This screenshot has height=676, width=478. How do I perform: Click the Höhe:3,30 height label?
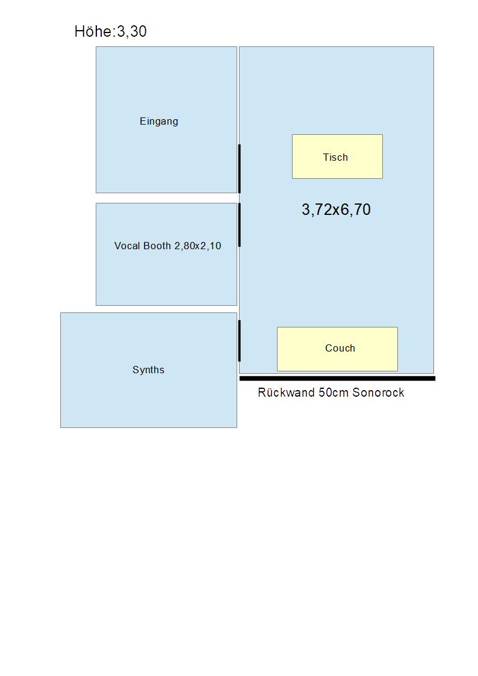110,31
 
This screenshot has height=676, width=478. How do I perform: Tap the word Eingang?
158,122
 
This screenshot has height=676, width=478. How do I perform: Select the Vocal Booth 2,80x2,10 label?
168,246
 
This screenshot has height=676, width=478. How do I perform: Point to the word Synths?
148,370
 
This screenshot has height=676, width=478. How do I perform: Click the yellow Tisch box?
337,157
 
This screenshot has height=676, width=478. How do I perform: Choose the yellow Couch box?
337,349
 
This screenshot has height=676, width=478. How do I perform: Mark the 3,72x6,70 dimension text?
336,209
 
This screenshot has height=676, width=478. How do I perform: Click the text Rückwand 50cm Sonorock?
331,392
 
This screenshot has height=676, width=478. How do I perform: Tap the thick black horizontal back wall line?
337,379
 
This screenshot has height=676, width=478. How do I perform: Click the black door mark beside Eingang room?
239,169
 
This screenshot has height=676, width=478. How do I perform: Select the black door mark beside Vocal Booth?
239,225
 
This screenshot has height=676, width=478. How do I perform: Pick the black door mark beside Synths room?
239,341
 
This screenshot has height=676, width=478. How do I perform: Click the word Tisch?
335,157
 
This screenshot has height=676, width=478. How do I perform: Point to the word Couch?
340,349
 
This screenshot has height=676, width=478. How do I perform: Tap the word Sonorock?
378,392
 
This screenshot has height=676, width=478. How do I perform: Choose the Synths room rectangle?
149,370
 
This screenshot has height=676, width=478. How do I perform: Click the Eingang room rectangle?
166,120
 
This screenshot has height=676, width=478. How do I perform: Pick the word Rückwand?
286,392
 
